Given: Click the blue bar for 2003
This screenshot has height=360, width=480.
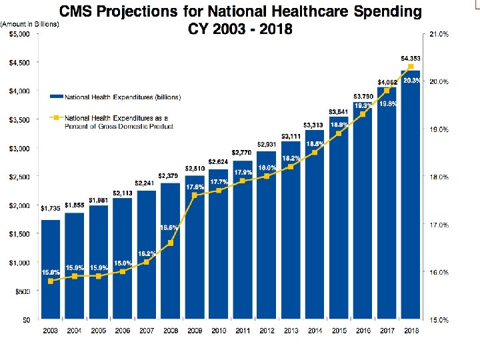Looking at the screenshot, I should pos(51,270).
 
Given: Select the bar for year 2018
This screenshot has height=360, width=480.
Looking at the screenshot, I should pos(410,200).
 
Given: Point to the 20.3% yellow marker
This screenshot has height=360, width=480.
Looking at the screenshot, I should pos(411,67).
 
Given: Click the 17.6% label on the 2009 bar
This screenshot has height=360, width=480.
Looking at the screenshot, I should pos(194,186).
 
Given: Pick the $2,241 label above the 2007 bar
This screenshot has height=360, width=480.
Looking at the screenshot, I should pos(145,183).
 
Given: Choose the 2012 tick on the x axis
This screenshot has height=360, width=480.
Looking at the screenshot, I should pos(266,330).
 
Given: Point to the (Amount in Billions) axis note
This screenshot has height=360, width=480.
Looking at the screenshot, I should pos(30,24).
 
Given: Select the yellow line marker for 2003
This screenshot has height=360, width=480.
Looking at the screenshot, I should pos(51,281).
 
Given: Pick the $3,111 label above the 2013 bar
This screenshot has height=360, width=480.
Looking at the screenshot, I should pos(290,136).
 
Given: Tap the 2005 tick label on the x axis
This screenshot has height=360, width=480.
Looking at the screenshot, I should pos(98,330).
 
